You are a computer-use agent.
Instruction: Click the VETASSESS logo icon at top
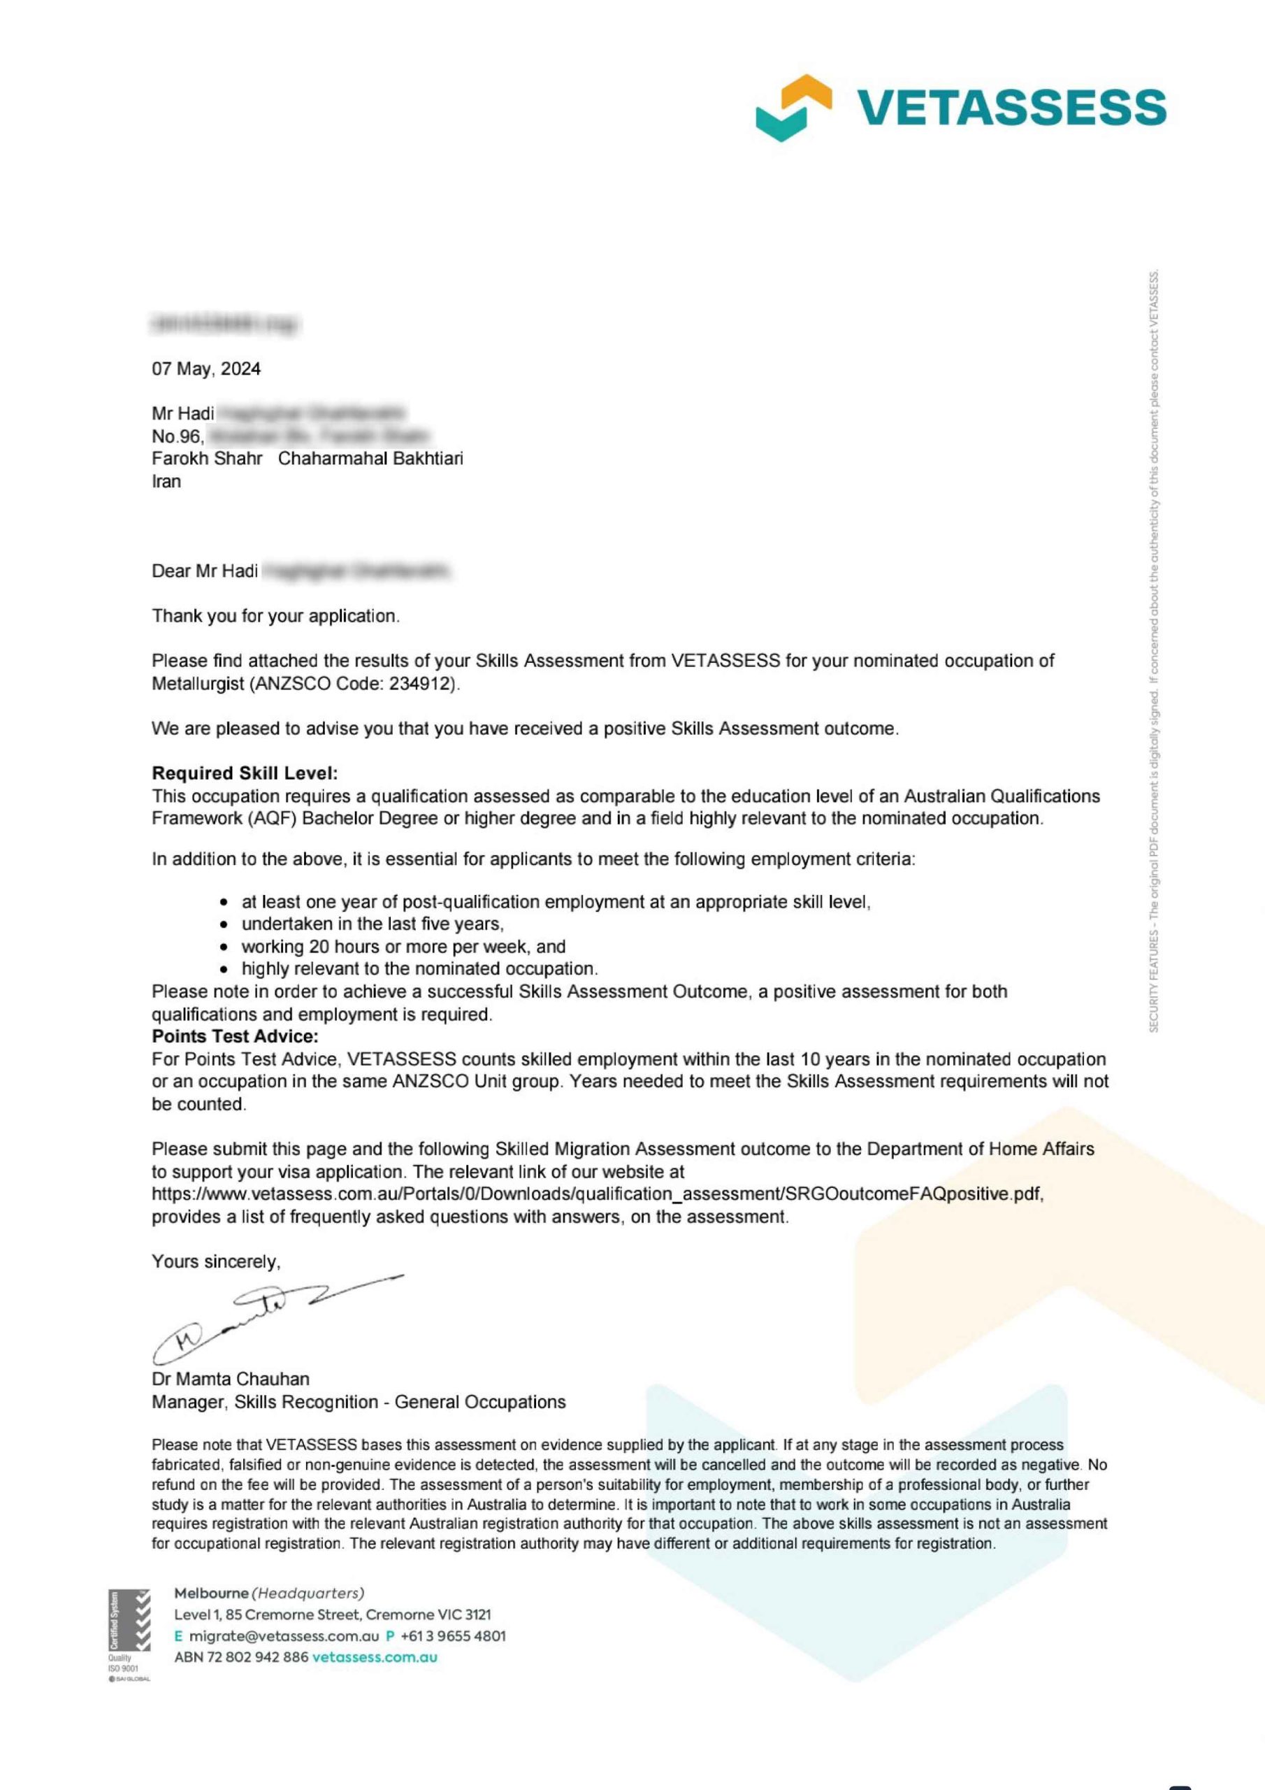coord(793,107)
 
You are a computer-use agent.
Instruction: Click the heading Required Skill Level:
coord(245,773)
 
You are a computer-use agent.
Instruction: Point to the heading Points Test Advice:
coord(235,1037)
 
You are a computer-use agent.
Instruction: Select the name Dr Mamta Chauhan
coord(231,1379)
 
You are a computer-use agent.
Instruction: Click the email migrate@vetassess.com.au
coord(284,1635)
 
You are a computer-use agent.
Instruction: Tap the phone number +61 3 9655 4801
coord(453,1635)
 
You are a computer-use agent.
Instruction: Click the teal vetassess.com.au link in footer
coord(374,1657)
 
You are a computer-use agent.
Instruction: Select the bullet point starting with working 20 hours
coord(403,947)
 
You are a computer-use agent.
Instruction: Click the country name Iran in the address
coord(166,481)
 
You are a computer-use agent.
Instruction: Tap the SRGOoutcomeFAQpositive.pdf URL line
coord(597,1194)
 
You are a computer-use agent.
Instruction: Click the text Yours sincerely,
coord(216,1261)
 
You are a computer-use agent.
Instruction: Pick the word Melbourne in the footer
coord(211,1593)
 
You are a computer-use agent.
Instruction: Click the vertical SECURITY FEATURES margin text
coord(1155,650)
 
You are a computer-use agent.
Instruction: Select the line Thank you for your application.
coord(275,616)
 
